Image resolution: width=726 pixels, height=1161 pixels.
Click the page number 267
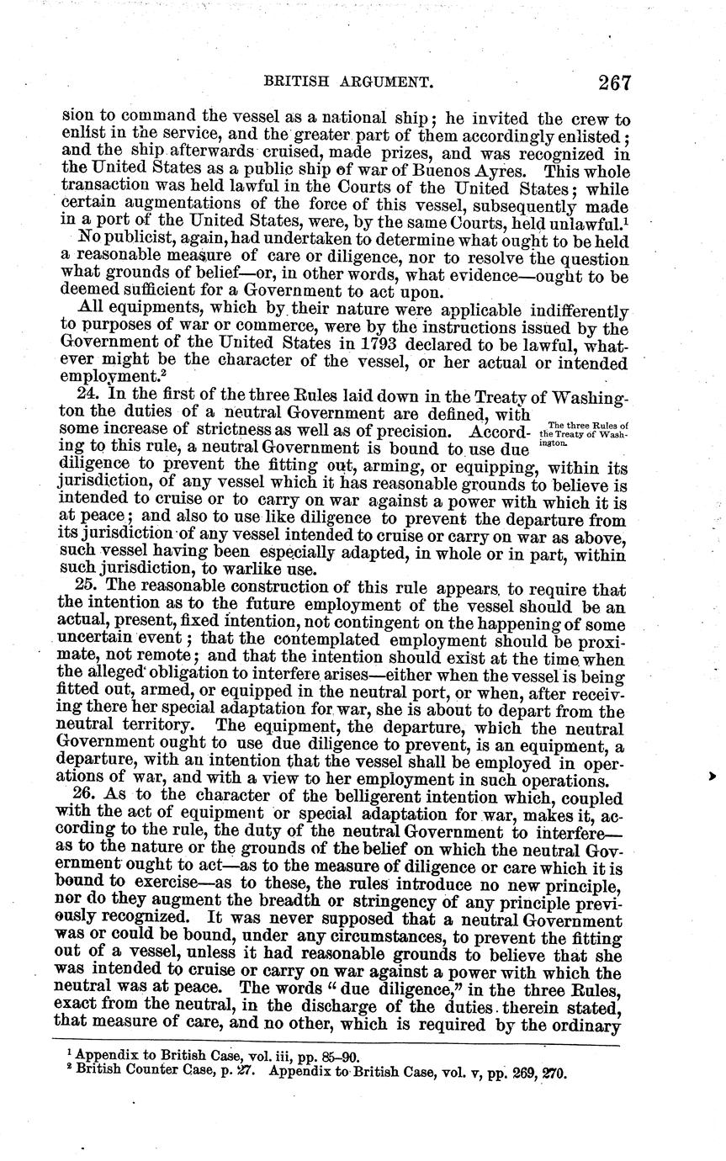tap(614, 82)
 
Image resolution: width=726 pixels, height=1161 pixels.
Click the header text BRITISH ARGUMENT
tap(348, 82)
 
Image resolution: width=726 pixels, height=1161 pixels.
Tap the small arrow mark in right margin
tap(712, 776)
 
